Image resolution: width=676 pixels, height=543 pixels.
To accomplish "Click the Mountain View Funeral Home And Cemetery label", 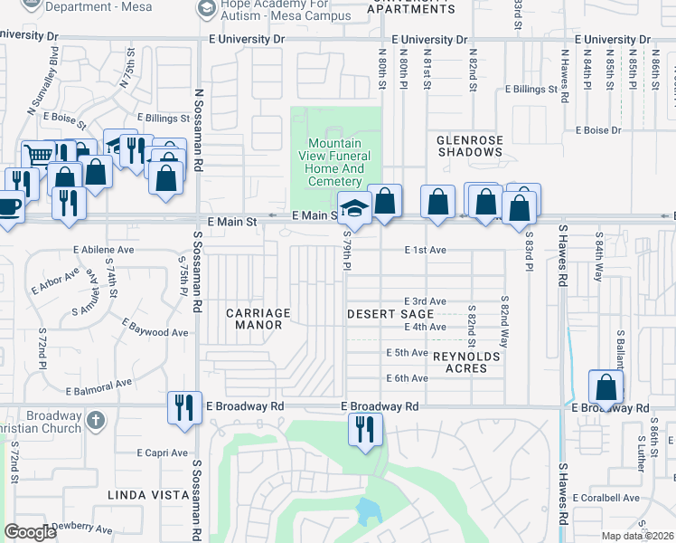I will coord(335,162).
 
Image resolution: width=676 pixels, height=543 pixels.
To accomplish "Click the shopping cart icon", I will coord(37,156).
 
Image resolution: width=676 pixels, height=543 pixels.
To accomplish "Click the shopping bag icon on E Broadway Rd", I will coord(606,387).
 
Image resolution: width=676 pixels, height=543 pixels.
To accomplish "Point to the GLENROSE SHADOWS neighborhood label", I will coord(469,147).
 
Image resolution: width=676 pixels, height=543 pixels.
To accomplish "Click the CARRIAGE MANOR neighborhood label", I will coord(258,319).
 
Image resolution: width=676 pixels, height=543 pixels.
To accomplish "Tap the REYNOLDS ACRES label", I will coord(466,362).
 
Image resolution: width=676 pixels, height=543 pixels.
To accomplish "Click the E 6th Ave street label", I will coord(406,378).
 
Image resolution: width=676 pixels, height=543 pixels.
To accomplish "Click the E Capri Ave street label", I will coord(162,452).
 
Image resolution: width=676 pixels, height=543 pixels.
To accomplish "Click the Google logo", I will coord(30,532).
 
